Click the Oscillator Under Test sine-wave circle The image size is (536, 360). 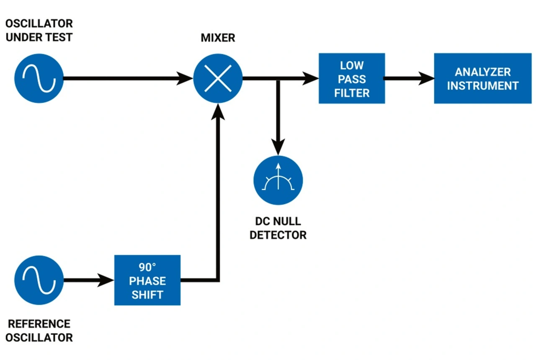39,78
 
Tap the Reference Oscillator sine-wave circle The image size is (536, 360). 39,280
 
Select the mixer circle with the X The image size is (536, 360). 218,78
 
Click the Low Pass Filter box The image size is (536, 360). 352,78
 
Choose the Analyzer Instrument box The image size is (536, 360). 482,78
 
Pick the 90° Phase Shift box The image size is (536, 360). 147,280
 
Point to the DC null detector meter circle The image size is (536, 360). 278,180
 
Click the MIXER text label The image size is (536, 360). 218,38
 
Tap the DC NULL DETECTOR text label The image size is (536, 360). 278,228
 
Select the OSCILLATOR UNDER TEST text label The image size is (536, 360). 39,30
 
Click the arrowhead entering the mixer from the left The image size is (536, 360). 185,78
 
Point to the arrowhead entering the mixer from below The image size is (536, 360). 218,112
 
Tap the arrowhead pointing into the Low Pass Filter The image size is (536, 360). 310,78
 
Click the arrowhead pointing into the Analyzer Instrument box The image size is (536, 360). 426,78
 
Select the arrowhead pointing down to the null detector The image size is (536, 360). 278,146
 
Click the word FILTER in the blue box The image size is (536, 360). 352,93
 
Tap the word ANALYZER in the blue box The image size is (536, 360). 482,72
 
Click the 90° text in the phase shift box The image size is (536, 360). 147,267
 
